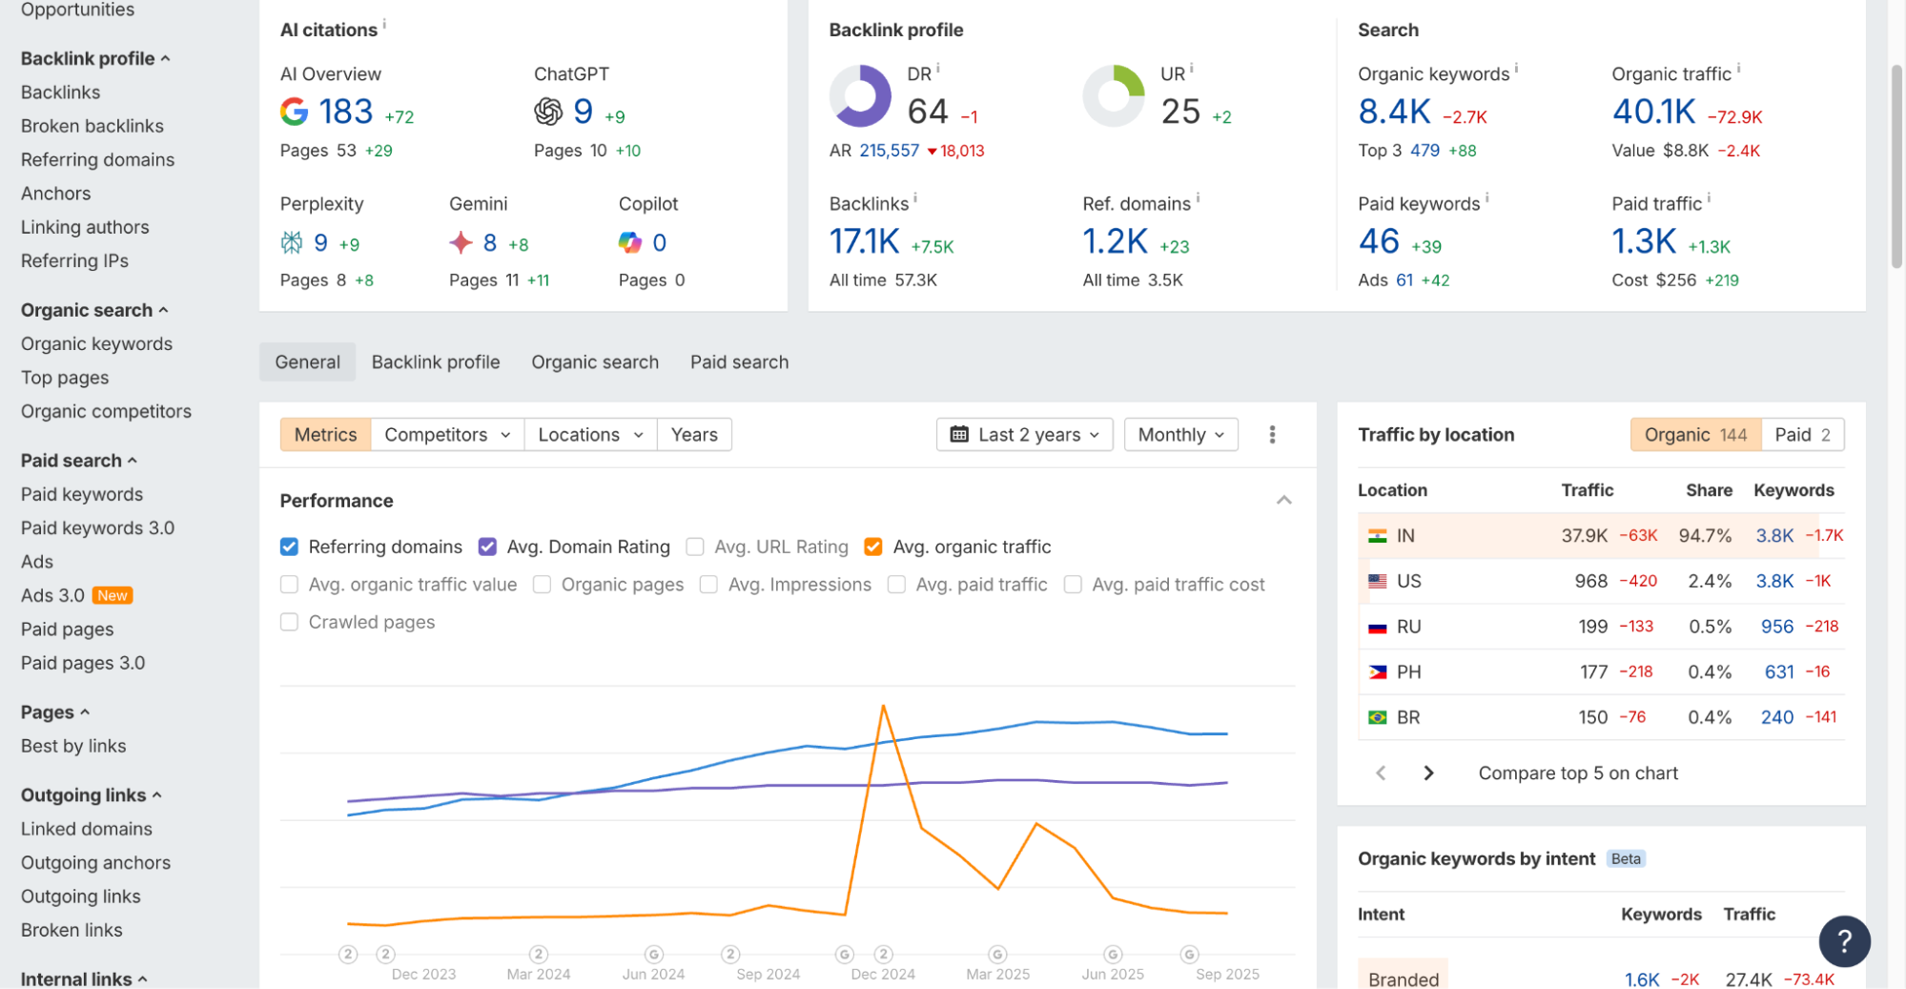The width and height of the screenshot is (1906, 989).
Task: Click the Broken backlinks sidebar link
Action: pyautogui.click(x=92, y=126)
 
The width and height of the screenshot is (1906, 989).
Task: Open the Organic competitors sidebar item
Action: pyautogui.click(x=106, y=411)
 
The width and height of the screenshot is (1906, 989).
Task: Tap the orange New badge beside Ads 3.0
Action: pyautogui.click(x=112, y=595)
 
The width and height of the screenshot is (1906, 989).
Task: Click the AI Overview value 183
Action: pyautogui.click(x=345, y=112)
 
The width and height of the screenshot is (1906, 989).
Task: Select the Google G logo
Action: pyautogui.click(x=294, y=112)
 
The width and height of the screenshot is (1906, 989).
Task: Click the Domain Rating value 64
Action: pyautogui.click(x=927, y=112)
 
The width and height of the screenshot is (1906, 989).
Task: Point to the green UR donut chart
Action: pyautogui.click(x=1113, y=95)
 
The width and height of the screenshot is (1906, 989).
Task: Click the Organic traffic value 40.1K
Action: pyautogui.click(x=1653, y=112)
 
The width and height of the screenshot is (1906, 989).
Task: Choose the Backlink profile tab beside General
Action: pyautogui.click(x=435, y=362)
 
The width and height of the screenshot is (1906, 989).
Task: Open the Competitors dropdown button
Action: pyautogui.click(x=446, y=435)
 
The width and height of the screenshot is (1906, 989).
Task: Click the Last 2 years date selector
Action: pyautogui.click(x=1024, y=435)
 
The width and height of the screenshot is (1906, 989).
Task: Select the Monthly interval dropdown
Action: pyautogui.click(x=1180, y=435)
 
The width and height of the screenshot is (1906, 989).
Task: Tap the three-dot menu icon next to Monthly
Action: pyautogui.click(x=1272, y=435)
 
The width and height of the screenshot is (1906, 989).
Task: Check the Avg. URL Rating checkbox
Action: pyautogui.click(x=695, y=546)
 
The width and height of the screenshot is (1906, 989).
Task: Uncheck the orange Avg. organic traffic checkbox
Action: pyautogui.click(x=872, y=546)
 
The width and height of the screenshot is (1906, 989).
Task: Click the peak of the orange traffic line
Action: pyautogui.click(x=884, y=706)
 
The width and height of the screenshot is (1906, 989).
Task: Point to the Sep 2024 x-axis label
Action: pyautogui.click(x=768, y=974)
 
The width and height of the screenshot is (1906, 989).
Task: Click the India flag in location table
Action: pyautogui.click(x=1377, y=536)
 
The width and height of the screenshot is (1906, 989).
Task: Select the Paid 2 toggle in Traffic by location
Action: pyautogui.click(x=1801, y=435)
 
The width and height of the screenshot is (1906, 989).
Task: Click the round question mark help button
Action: pyautogui.click(x=1844, y=941)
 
